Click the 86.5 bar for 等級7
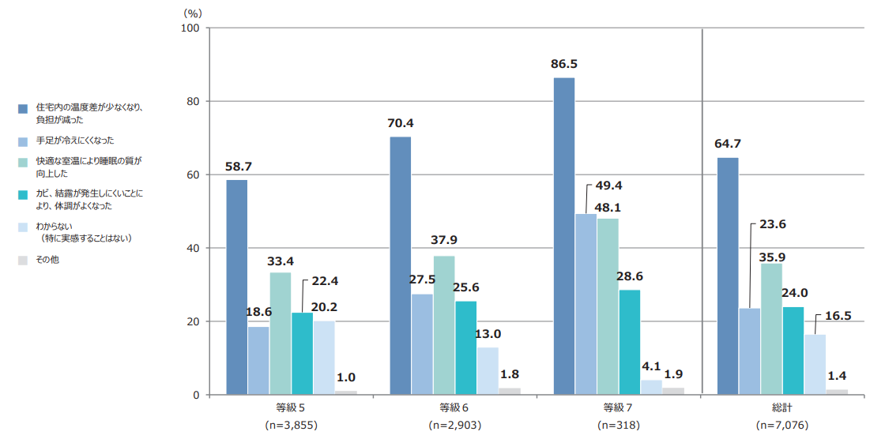(x=564, y=236)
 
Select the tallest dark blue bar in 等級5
(x=236, y=287)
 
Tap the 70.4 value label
(x=401, y=123)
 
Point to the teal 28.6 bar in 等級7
(x=630, y=342)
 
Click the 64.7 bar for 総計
(x=728, y=276)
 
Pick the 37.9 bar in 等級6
(x=444, y=325)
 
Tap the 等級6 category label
(x=454, y=408)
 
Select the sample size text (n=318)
(x=619, y=426)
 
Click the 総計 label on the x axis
(x=782, y=408)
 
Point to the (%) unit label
(x=193, y=13)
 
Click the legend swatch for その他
(x=23, y=259)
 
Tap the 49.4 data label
(x=608, y=186)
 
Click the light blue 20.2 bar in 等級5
(x=324, y=358)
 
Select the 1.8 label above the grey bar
(x=510, y=374)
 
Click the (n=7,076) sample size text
(x=782, y=426)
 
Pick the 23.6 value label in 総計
(x=773, y=224)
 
